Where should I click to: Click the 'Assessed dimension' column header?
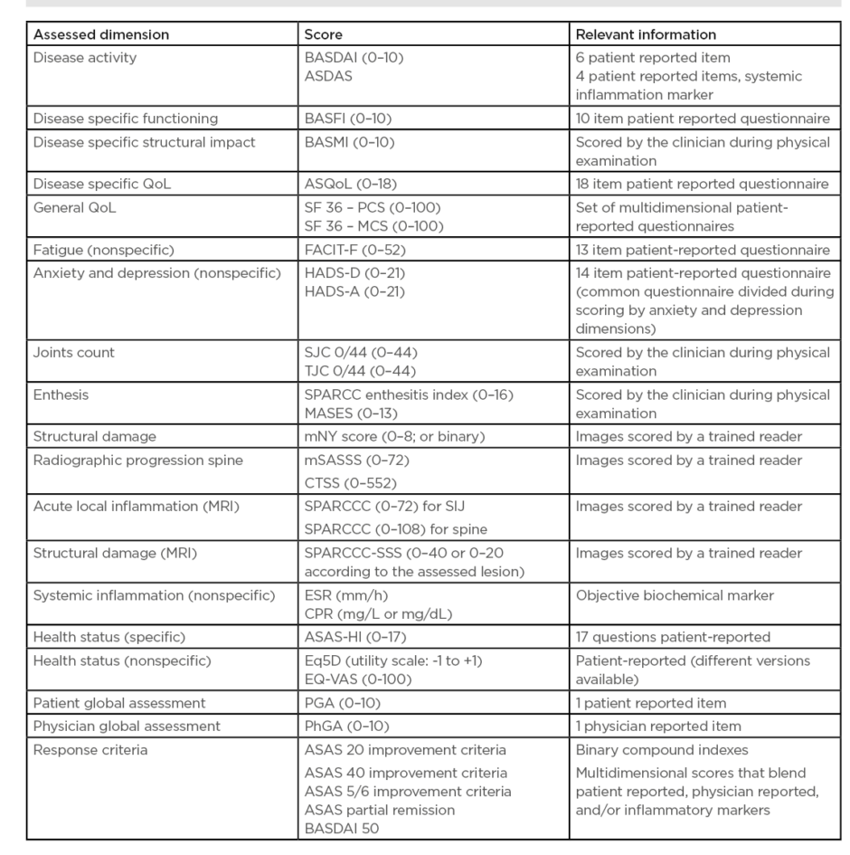coord(100,35)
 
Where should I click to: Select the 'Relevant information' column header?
coord(646,35)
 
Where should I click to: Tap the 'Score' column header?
coord(324,35)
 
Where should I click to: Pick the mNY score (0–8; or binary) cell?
coord(395,437)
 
